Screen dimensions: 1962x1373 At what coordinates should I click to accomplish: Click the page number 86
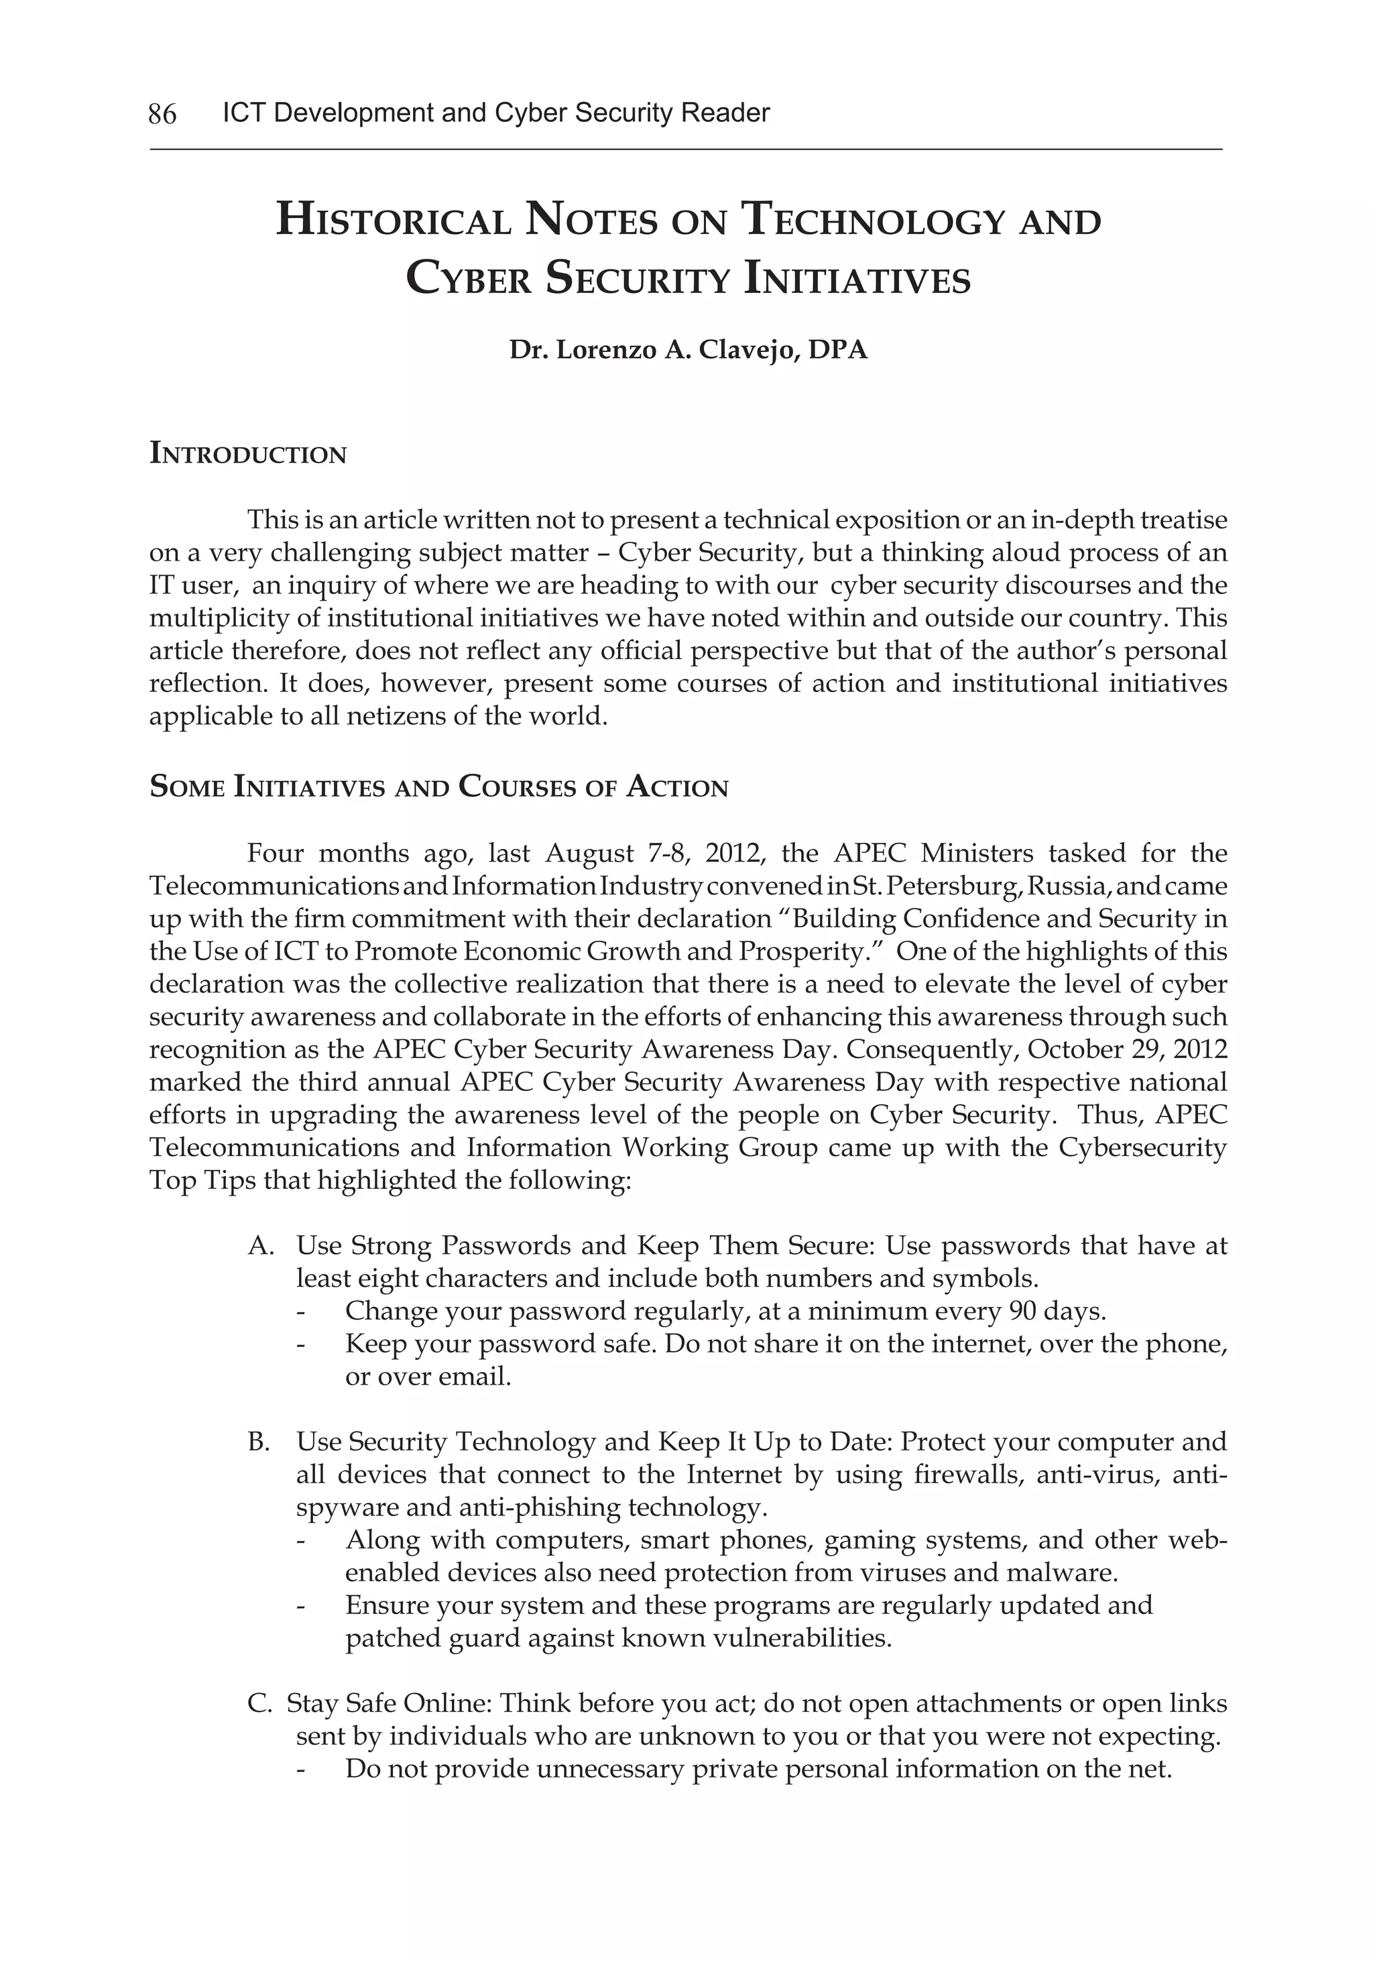pyautogui.click(x=162, y=113)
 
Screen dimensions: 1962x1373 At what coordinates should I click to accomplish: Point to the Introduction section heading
pyautogui.click(x=248, y=454)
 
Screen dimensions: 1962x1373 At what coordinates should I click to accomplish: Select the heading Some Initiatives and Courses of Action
pyautogui.click(x=438, y=787)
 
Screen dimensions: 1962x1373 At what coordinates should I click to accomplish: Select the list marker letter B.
pyautogui.click(x=258, y=1442)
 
